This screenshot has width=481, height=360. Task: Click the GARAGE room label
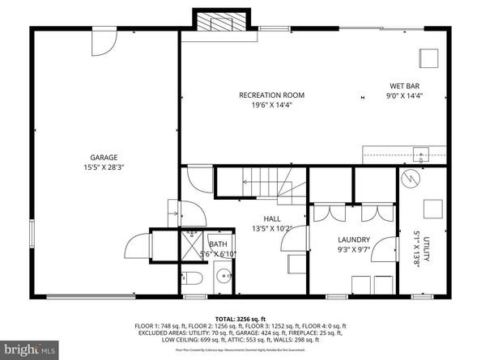pos(104,157)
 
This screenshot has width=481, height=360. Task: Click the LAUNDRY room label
pos(355,239)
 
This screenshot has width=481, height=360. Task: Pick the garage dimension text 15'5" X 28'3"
pos(104,167)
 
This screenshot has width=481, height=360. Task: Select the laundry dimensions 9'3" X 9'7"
pos(355,250)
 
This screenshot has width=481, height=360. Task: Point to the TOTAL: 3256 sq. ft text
pos(240,319)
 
